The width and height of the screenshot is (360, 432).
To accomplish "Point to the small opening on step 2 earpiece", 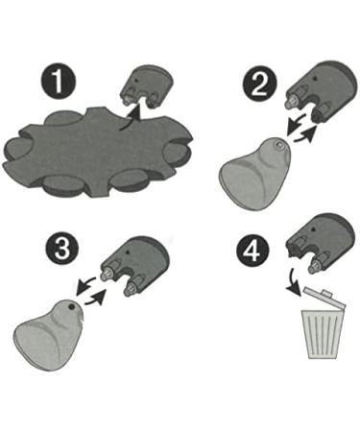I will [276, 146].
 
